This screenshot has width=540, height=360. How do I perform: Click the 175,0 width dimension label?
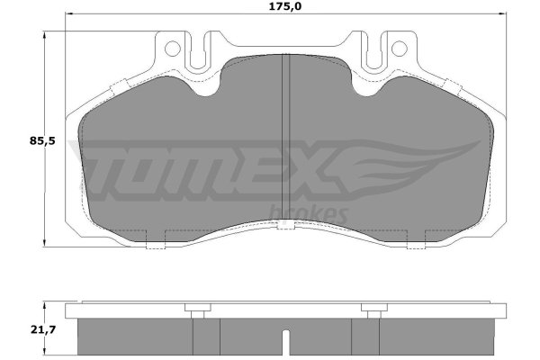(284, 6)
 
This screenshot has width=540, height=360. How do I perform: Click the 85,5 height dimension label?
(42, 141)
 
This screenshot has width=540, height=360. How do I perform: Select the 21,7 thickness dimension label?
(43, 329)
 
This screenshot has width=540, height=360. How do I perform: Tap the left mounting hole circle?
(173, 49)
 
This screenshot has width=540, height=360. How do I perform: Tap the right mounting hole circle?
(399, 49)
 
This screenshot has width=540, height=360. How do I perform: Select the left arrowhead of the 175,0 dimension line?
(68, 13)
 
